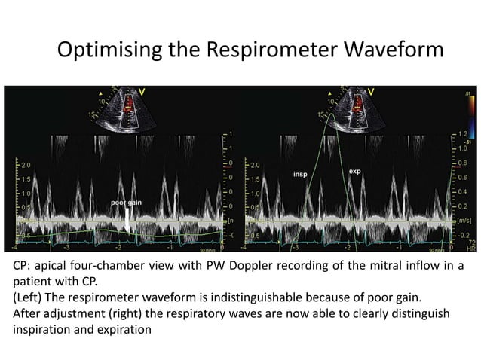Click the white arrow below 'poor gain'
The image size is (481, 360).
pyautogui.click(x=127, y=219)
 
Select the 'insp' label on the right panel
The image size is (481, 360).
pyautogui.click(x=301, y=173)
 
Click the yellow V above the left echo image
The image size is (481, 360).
pyautogui.click(x=142, y=91)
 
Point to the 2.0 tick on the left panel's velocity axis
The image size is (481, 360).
pyautogui.click(x=25, y=163)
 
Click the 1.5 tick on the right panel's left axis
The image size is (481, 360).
pyautogui.click(x=256, y=178)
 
